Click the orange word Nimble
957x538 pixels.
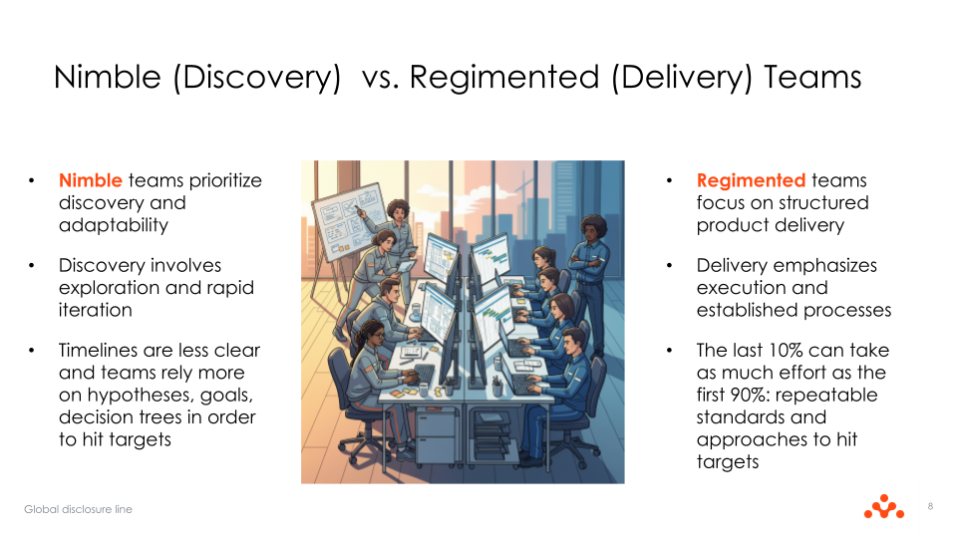coord(90,180)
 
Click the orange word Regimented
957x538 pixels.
coord(751,180)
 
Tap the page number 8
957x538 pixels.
coord(930,507)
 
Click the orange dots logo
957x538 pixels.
coord(883,507)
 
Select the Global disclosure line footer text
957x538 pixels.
coord(78,509)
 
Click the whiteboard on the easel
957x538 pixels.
coord(346,213)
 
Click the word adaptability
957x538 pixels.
coord(113,224)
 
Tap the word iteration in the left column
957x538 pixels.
coord(95,310)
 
